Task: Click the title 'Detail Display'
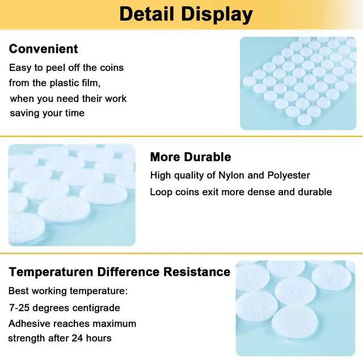(x=185, y=14)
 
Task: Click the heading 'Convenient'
(x=44, y=49)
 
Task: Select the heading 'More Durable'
(x=191, y=157)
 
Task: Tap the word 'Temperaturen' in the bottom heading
(x=52, y=271)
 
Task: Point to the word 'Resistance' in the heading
(x=197, y=271)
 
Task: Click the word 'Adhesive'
(x=28, y=324)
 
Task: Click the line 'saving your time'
(x=47, y=113)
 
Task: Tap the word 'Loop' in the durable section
(x=161, y=192)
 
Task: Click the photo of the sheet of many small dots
(x=297, y=83)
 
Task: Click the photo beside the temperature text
(x=295, y=308)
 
